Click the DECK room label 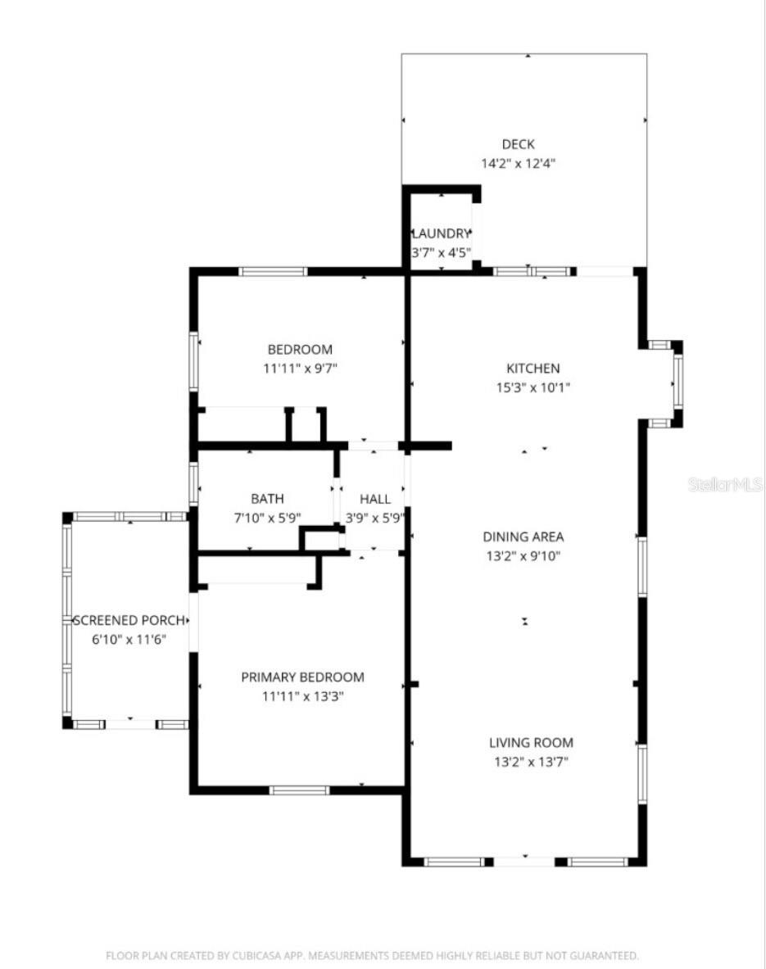tap(519, 144)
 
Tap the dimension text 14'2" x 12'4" tap(519, 163)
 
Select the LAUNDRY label tap(441, 233)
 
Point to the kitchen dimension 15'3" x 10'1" tap(533, 387)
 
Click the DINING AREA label tap(523, 537)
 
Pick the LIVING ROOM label tap(531, 743)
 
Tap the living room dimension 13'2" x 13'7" tap(531, 763)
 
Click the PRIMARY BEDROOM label tap(302, 677)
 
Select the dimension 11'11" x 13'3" tap(302, 697)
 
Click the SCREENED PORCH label tap(129, 620)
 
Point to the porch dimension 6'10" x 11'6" tap(129, 639)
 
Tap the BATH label tap(267, 498)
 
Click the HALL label tap(375, 498)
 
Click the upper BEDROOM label tap(300, 350)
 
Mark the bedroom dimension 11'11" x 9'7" tap(300, 369)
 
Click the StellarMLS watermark tap(726, 484)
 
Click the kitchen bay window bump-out tap(665, 383)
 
